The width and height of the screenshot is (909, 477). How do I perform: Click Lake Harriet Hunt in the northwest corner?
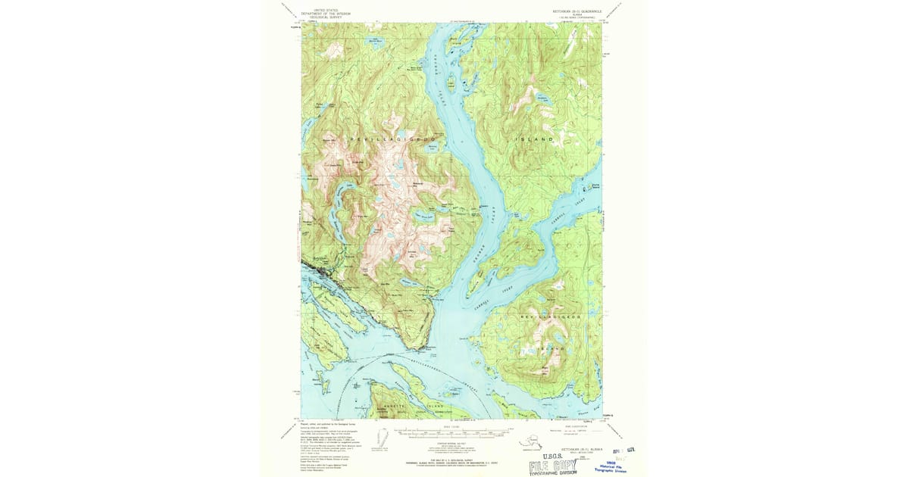[373, 40]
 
